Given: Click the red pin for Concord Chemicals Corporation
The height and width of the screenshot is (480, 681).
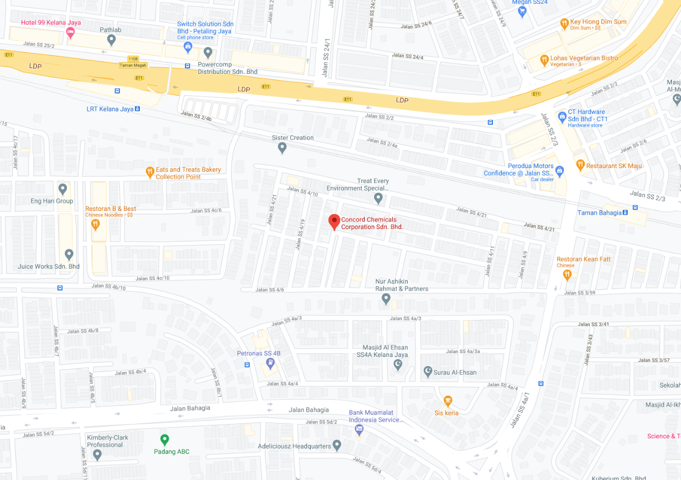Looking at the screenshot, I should tap(334, 221).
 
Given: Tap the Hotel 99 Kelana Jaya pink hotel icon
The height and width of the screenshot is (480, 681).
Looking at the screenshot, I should tap(70, 33).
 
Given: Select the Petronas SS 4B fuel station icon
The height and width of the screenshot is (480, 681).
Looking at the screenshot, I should tap(271, 364).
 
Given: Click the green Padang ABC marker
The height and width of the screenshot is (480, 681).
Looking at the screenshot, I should tap(165, 439).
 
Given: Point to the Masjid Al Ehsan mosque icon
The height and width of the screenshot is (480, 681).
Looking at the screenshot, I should tap(398, 364).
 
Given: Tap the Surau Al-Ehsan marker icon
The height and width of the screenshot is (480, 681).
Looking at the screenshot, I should tap(428, 371).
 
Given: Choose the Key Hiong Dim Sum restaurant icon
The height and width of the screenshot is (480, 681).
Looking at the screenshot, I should tap(564, 24).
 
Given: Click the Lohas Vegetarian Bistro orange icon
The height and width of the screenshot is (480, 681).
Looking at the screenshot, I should tap(544, 60).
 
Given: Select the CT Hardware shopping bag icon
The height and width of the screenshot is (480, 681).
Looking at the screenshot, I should tap(562, 116).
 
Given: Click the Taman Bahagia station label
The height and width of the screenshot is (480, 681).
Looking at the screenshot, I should tap(600, 213).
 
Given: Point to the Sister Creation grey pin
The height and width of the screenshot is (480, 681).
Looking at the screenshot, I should tap(282, 147).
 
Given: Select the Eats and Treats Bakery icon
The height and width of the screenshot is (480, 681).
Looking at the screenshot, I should tap(150, 172).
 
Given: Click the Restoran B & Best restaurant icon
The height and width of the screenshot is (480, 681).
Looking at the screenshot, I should tap(96, 223).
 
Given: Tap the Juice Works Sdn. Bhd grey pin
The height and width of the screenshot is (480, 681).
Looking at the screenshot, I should tap(69, 254).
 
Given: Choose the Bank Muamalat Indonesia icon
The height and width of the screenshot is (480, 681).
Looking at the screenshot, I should tap(359, 429).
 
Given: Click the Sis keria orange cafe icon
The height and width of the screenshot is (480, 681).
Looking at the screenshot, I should tap(448, 401).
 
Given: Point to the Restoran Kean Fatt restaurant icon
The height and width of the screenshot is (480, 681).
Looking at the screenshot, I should tap(567, 275).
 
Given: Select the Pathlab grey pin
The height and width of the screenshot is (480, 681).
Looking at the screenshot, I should tap(111, 39).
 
